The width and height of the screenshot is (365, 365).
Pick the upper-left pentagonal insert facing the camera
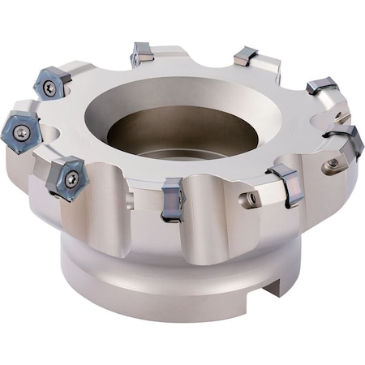click(x=50, y=86)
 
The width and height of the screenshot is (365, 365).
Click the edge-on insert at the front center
click(x=173, y=199)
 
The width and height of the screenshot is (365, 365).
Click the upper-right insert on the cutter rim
click(x=321, y=85)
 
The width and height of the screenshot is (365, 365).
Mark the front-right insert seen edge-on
click(x=286, y=184)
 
